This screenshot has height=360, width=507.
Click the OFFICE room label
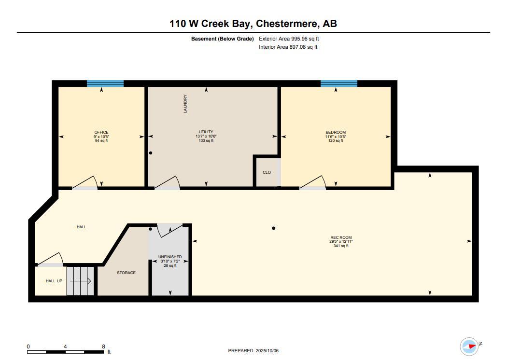click(101, 132)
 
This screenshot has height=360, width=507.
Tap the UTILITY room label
click(206, 132)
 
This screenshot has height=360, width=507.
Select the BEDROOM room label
click(336, 132)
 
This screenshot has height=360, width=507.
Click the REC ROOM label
click(341, 237)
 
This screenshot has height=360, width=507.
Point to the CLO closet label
click(267, 172)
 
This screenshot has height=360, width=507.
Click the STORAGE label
click(126, 273)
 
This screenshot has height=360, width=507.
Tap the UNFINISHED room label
click(170, 257)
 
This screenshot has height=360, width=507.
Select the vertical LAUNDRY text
click(185, 104)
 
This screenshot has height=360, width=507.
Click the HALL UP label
click(54, 281)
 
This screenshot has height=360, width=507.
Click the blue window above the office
click(105, 83)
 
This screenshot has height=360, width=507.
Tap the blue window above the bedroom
click(339, 83)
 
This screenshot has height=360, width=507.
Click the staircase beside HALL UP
click(80, 280)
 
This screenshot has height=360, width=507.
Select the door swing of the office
click(87, 182)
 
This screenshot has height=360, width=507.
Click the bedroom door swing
click(314, 182)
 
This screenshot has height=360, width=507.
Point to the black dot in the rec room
click(273, 228)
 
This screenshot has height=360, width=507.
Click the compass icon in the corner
click(469, 346)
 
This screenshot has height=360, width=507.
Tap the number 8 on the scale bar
click(103, 346)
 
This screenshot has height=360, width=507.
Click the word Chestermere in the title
click(287, 24)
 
